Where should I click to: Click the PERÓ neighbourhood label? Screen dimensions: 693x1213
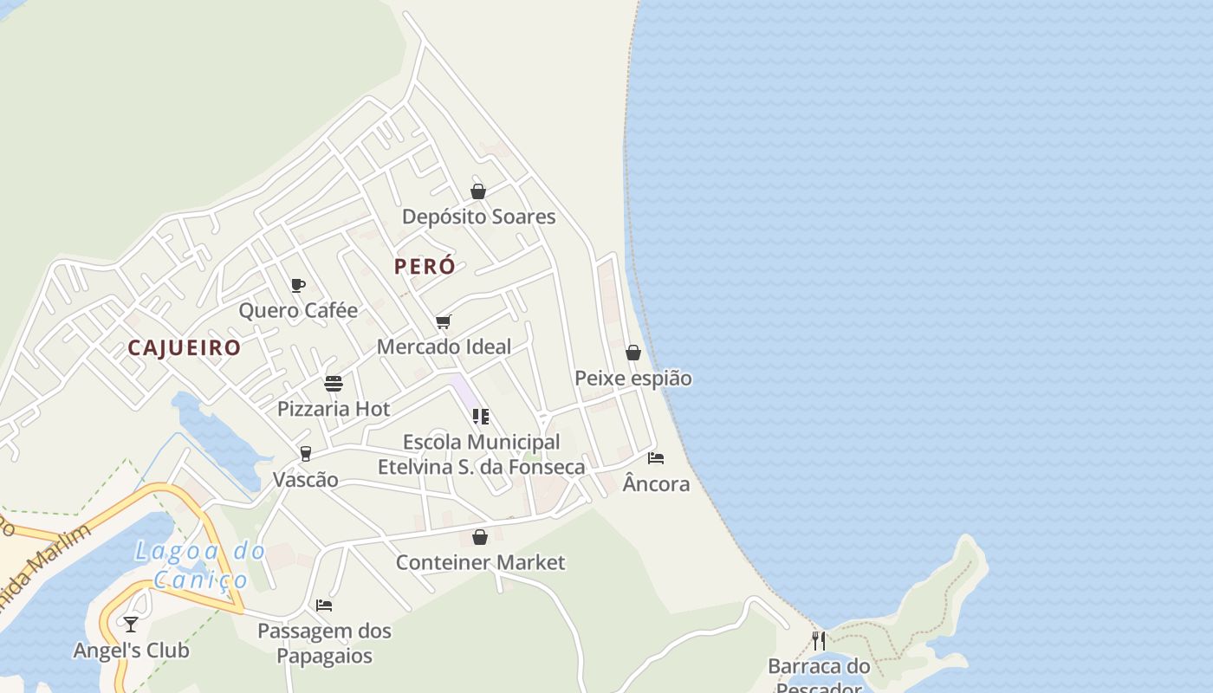(425, 266)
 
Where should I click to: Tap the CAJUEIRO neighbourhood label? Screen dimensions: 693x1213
(184, 347)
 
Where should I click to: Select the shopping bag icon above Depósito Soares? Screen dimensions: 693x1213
(478, 191)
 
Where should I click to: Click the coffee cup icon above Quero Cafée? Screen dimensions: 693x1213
(298, 285)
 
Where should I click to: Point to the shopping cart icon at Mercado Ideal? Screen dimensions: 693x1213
(444, 322)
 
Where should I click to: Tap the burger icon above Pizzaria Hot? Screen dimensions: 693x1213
(334, 383)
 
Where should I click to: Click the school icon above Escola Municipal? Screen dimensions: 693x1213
(481, 417)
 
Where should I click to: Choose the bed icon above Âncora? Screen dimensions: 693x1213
(656, 457)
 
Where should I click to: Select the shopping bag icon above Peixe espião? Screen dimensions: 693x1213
(633, 353)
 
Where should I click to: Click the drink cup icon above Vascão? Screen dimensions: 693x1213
(305, 454)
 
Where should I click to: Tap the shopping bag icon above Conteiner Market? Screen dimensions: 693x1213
(480, 537)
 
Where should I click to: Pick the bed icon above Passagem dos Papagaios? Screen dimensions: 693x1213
(324, 605)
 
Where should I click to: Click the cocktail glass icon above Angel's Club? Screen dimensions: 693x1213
(131, 624)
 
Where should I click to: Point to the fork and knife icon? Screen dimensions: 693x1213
(818, 640)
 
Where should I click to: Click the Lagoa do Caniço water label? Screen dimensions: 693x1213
(200, 564)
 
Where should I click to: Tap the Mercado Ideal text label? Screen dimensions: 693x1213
(444, 346)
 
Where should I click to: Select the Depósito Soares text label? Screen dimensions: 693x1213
(478, 217)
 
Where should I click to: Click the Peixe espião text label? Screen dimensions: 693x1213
(633, 379)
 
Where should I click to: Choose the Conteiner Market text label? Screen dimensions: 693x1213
(480, 562)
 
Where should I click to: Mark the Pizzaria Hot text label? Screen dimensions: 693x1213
(334, 409)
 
